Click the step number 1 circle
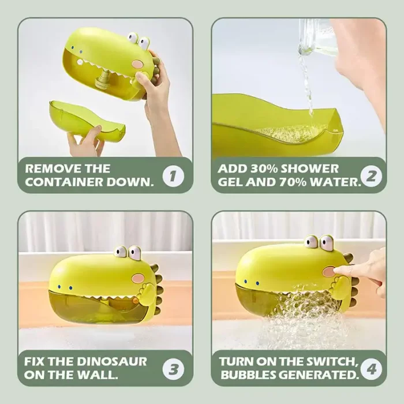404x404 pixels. [173, 176]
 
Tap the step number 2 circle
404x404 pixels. [371, 176]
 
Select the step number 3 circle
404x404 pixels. [173, 369]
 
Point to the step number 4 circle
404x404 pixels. [371, 369]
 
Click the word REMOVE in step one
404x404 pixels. [51, 169]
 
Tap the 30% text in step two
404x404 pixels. [264, 169]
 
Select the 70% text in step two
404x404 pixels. [293, 182]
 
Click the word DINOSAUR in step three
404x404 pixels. [112, 361]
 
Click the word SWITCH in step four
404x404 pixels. [331, 361]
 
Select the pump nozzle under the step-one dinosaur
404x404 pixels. [103, 80]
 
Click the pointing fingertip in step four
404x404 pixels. [336, 270]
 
